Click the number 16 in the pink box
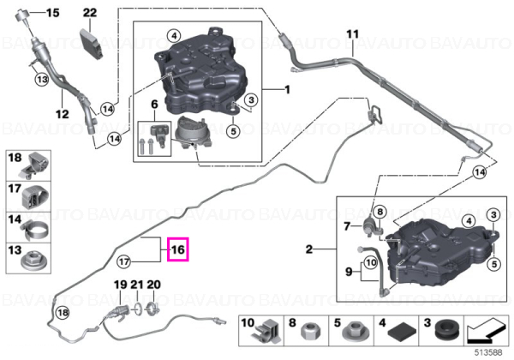(x=178, y=249)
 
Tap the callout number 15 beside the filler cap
(x=52, y=13)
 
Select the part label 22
(x=90, y=13)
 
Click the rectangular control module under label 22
(x=92, y=45)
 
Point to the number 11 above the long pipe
(x=353, y=33)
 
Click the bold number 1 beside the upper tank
(x=287, y=89)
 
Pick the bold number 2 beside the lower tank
(x=309, y=249)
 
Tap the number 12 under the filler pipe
(x=62, y=114)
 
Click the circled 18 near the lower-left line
(x=63, y=313)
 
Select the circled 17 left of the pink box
(x=124, y=262)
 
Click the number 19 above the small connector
(x=120, y=285)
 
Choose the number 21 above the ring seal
(x=137, y=285)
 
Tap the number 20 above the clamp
(x=153, y=285)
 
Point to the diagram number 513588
(x=489, y=352)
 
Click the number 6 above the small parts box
(x=154, y=105)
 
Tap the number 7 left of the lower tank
(x=347, y=226)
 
